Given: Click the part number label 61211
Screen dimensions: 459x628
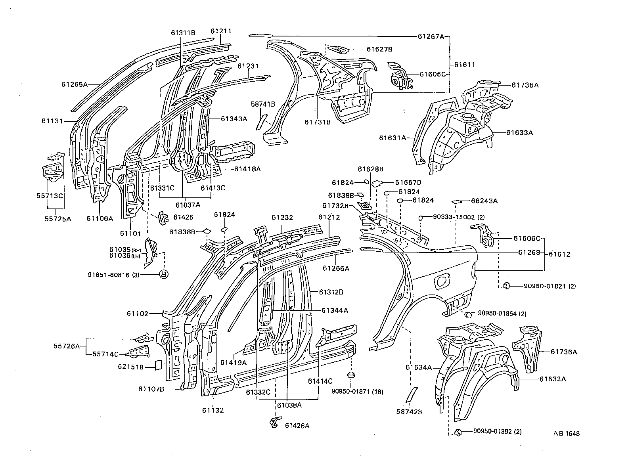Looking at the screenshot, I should (x=221, y=31).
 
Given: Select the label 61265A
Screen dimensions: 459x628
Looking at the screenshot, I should (x=74, y=84).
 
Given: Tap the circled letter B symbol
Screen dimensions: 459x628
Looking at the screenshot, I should (x=163, y=274).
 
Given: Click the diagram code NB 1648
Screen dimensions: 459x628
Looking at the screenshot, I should (x=567, y=433).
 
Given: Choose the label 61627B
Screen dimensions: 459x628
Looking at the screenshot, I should (x=379, y=49).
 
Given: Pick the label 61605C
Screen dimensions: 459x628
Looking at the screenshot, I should (x=433, y=74).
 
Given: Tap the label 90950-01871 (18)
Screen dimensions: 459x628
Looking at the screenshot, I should (x=357, y=391).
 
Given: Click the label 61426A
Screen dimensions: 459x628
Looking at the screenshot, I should (x=297, y=426).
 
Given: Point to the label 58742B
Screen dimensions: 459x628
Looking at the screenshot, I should (x=409, y=412).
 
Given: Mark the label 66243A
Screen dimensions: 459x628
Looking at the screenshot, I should (x=484, y=201).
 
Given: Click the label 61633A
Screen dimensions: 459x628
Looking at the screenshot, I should (x=519, y=133).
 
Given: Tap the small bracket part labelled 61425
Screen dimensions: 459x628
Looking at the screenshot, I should (x=163, y=217).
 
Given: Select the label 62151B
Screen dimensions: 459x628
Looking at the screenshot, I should (x=130, y=367).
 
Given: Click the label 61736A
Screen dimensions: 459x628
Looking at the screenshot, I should (x=563, y=352).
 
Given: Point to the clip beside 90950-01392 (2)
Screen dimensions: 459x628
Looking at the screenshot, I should (x=457, y=432).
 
